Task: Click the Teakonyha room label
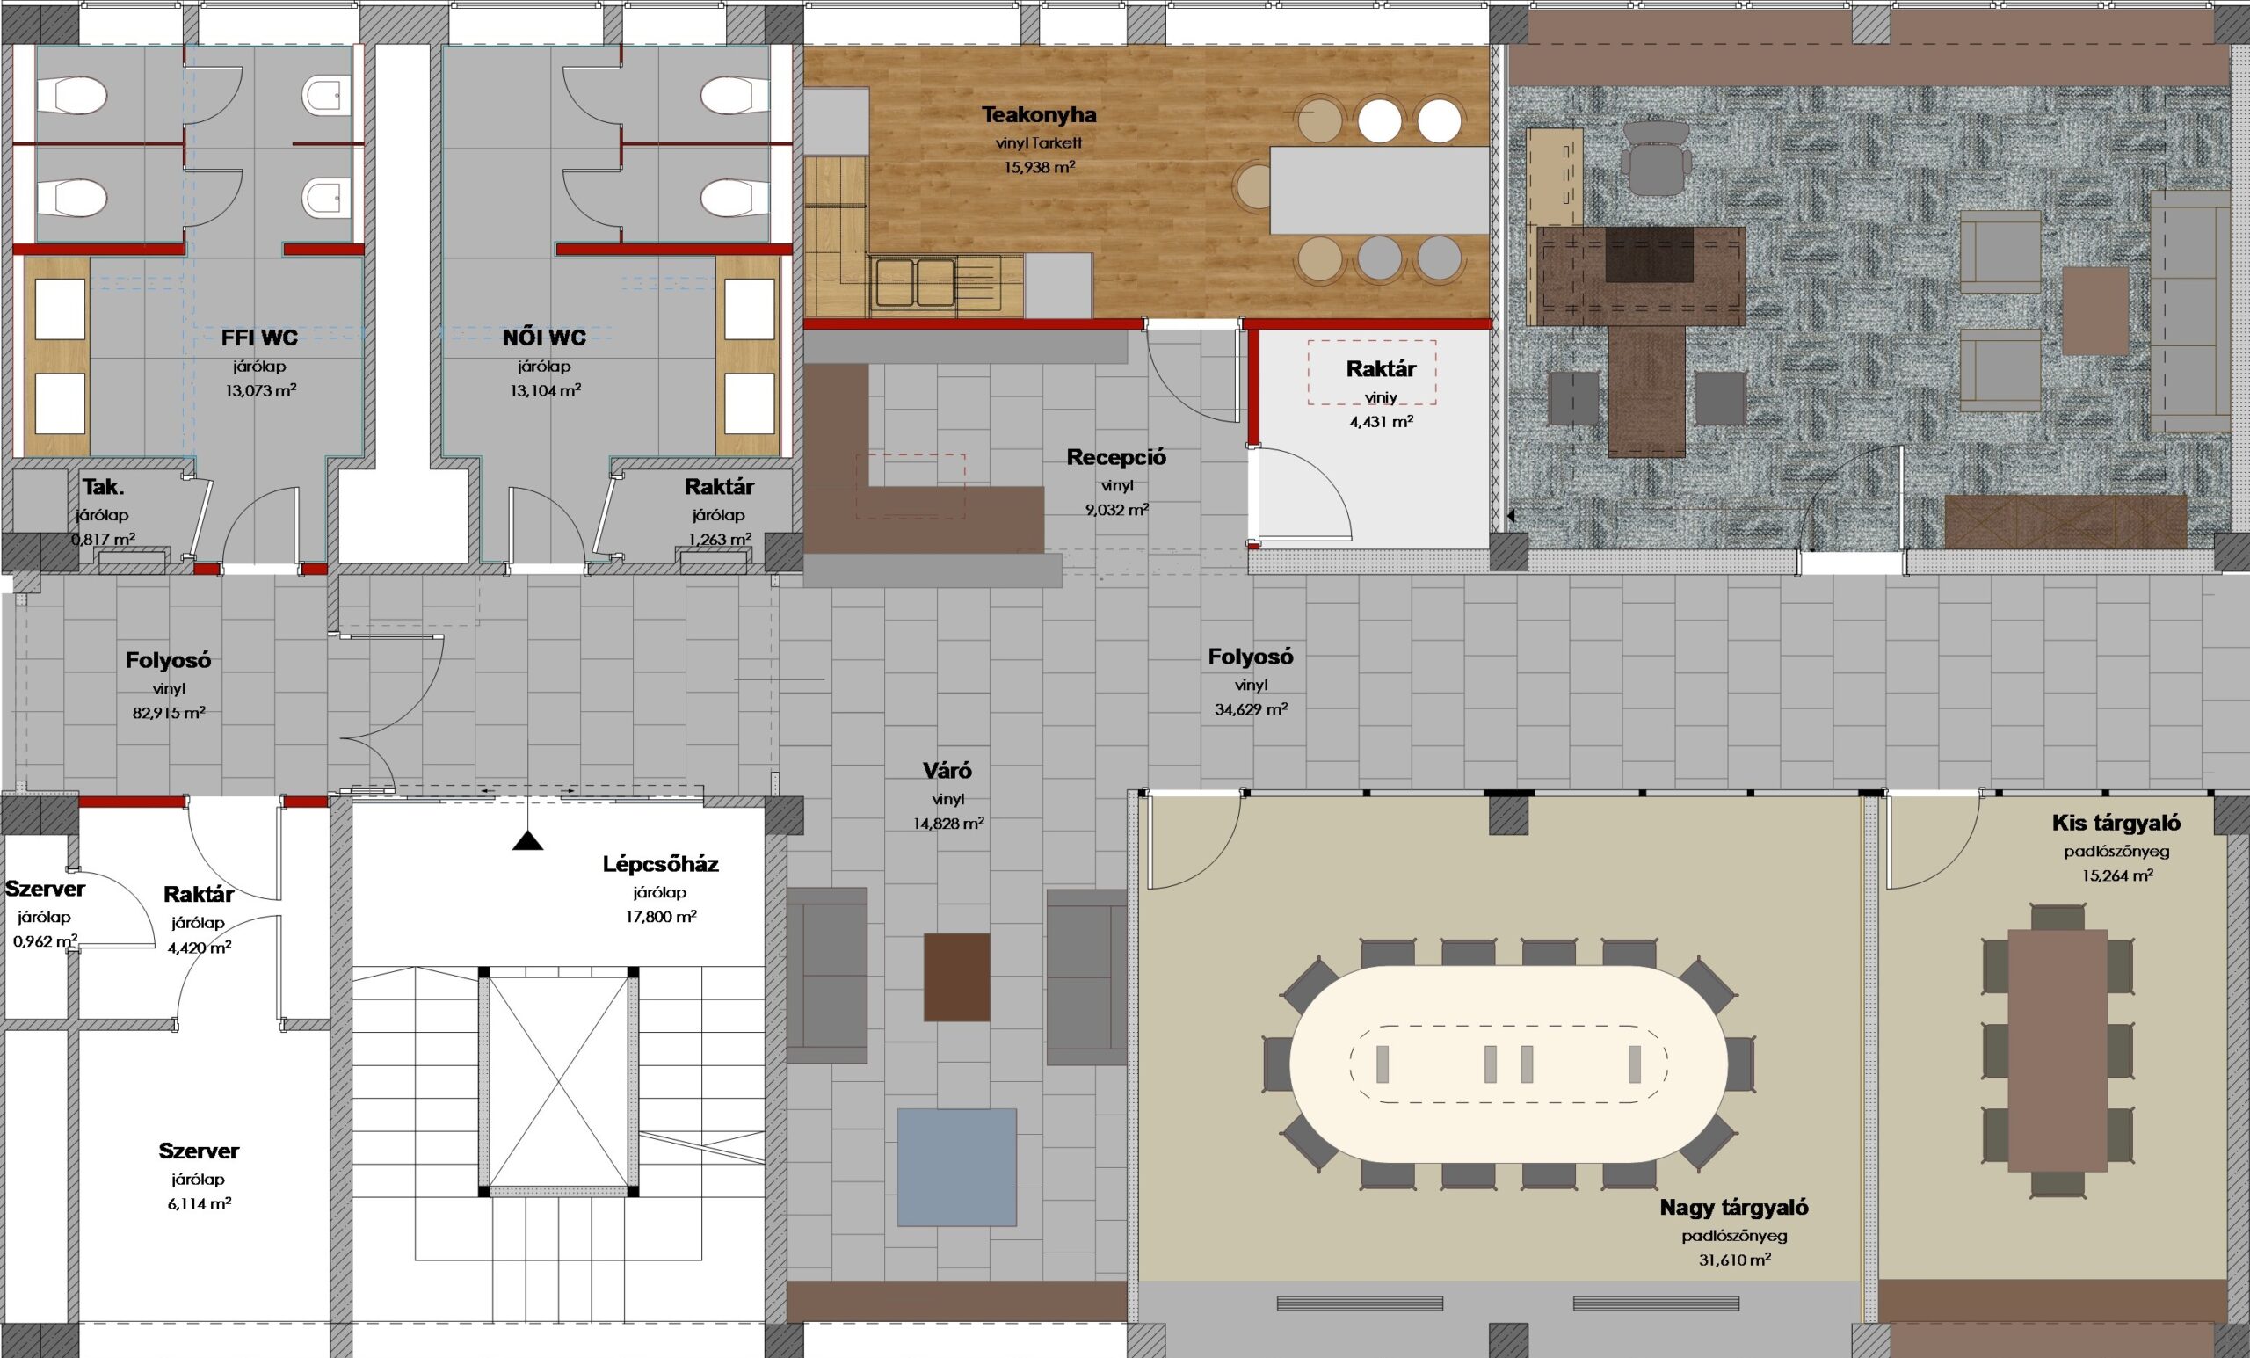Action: [1038, 115]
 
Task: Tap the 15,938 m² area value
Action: [1038, 167]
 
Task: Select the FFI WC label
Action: [259, 338]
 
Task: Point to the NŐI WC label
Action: [544, 338]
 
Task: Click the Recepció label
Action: [1116, 458]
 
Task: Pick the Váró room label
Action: [947, 771]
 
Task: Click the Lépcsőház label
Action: [660, 864]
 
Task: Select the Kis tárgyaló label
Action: [2116, 823]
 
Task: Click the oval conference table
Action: [1508, 1064]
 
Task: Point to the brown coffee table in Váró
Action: [957, 977]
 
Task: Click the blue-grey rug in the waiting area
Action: [957, 1166]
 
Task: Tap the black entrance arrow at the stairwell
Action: [528, 840]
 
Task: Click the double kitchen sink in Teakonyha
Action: [913, 282]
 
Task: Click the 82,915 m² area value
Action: [169, 712]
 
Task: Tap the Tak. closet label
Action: [104, 486]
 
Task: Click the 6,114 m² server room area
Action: [198, 1202]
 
